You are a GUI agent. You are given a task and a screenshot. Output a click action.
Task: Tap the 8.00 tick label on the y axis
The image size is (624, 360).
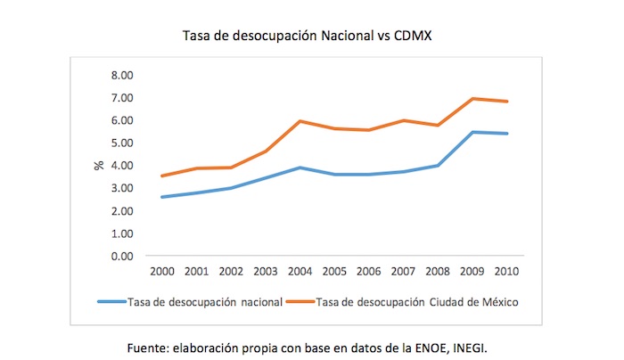121,75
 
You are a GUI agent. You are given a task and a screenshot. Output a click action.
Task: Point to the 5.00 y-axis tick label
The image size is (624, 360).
121,143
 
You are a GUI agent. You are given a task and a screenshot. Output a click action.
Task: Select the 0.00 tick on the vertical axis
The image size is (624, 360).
121,257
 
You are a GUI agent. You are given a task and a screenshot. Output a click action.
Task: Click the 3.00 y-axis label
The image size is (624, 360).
121,188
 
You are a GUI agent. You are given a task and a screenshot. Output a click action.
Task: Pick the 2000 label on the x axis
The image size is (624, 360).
161,271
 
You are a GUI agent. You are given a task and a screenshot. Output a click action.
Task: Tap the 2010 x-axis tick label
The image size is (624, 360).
508,271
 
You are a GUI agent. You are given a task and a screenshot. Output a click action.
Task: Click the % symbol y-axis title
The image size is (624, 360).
101,166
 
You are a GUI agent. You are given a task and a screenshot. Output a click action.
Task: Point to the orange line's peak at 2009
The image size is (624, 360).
473,99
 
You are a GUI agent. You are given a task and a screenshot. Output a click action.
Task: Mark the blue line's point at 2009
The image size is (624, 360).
473,132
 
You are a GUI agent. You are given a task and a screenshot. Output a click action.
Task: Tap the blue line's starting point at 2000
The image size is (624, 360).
161,197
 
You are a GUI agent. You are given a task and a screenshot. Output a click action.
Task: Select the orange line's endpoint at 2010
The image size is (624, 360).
508,102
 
